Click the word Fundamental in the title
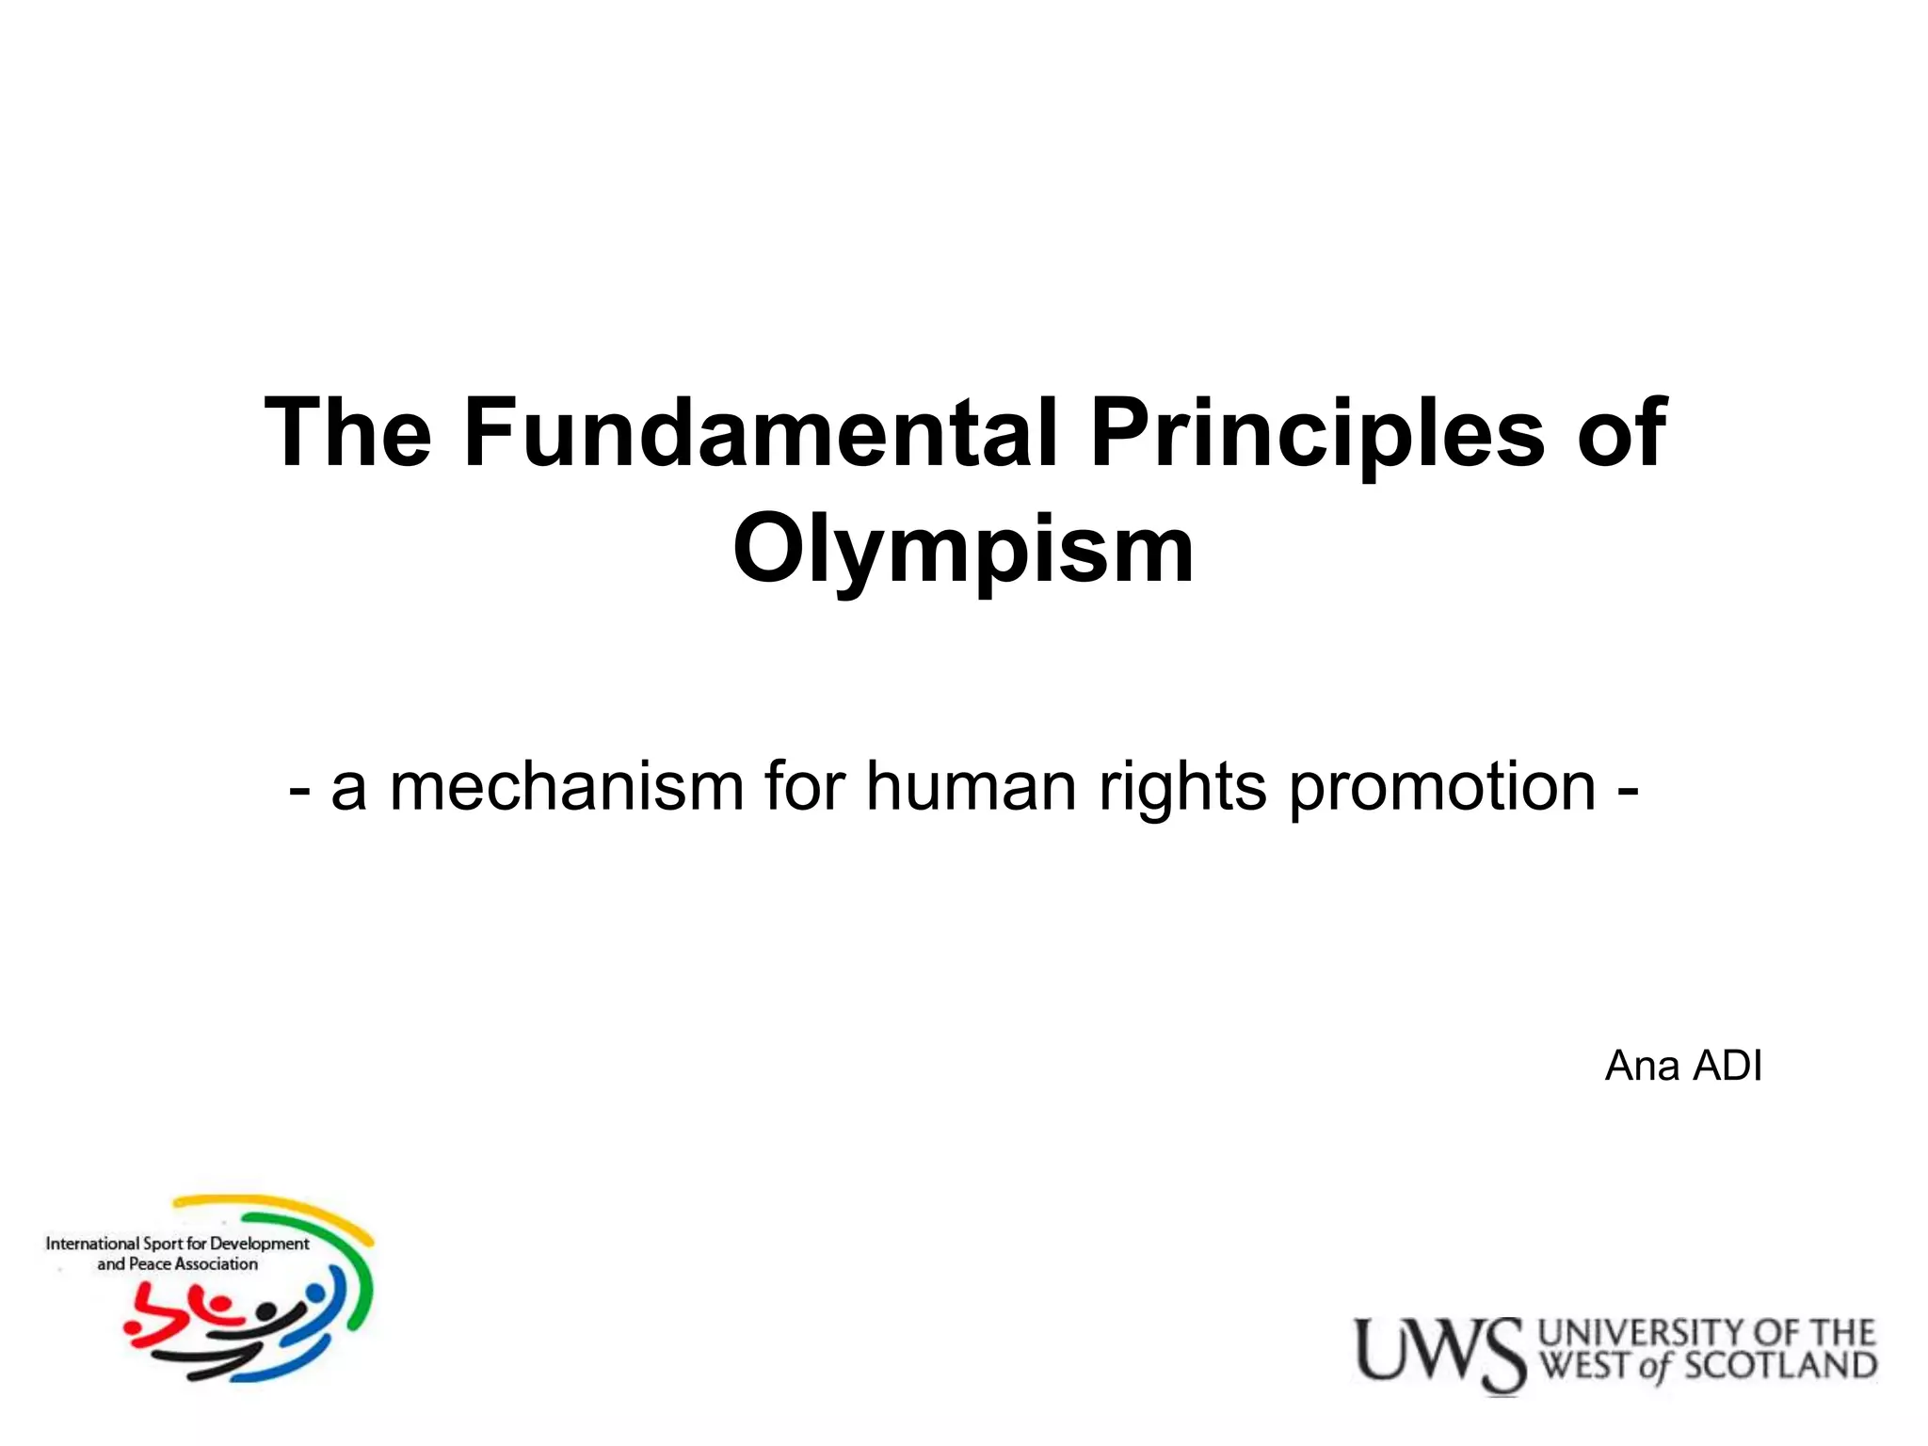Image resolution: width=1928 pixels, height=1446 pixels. click(761, 433)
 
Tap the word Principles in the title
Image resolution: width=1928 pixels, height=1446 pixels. click(1316, 433)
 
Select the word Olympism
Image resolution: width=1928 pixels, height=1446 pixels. click(963, 550)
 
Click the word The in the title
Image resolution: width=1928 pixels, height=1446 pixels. click(348, 433)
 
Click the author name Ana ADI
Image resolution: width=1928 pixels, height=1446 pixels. click(1683, 1066)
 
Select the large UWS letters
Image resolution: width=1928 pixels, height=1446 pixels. click(1438, 1354)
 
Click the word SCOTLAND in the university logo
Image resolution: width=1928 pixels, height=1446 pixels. click(1779, 1367)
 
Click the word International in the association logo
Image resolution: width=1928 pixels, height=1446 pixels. click(92, 1244)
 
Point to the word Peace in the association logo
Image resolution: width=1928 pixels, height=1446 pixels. click(150, 1264)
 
